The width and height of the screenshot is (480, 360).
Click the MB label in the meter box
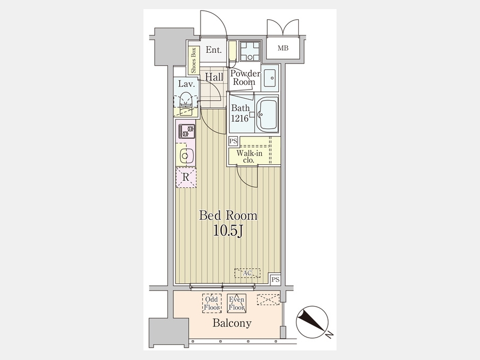click(283, 48)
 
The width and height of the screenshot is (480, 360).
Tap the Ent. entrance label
click(214, 50)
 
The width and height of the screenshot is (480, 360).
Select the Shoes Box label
click(194, 60)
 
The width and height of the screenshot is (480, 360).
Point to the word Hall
click(214, 77)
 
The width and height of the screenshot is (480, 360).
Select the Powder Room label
click(245, 77)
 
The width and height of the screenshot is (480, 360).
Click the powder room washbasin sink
click(270, 78)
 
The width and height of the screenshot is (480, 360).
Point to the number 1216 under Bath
click(239, 118)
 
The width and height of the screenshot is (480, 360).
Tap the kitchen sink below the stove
click(185, 156)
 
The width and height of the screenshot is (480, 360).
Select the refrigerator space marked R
click(186, 177)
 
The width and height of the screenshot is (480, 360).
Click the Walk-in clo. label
click(249, 156)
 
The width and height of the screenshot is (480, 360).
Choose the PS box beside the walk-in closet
click(233, 141)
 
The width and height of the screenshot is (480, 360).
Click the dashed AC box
click(247, 273)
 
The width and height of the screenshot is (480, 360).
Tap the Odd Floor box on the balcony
click(212, 303)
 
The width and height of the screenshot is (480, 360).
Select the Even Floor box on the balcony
click(237, 303)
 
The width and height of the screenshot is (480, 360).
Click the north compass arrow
click(311, 321)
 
